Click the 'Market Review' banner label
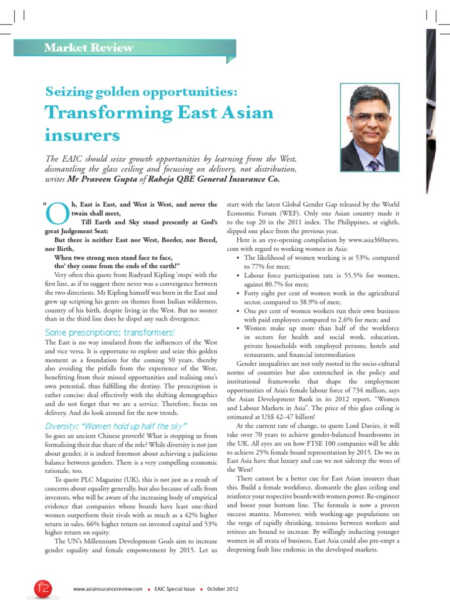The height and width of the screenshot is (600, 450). point(89,48)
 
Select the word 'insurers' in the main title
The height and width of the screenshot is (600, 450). point(83,135)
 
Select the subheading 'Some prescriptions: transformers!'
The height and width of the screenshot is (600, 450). point(109,333)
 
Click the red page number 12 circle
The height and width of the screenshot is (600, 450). point(28,588)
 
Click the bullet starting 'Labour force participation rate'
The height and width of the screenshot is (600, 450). point(322,275)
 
